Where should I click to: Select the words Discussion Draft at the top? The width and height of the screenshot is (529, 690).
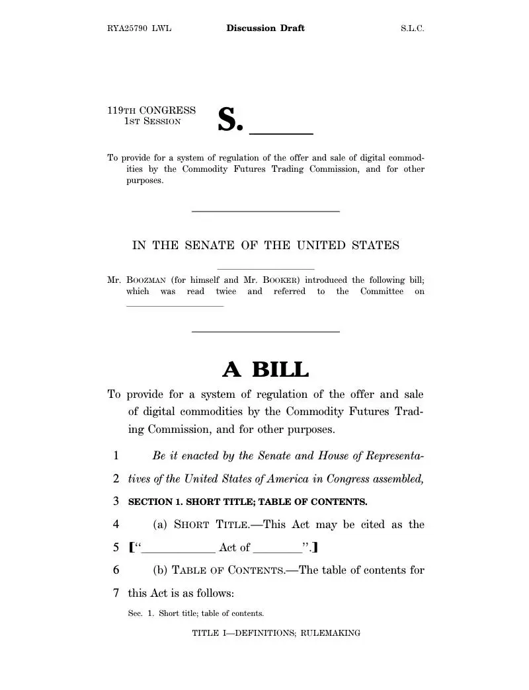[x=265, y=28]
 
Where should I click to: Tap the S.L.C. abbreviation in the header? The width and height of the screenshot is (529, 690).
[x=412, y=28]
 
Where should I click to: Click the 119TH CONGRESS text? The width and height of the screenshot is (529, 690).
[x=151, y=110]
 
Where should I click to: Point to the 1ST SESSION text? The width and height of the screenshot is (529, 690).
[x=153, y=122]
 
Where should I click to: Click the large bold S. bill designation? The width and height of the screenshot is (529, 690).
[x=231, y=120]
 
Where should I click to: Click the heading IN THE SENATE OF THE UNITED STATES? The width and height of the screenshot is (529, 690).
[x=266, y=245]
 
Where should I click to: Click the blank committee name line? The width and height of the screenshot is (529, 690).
[x=175, y=304]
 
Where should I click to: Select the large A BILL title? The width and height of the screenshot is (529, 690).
[x=265, y=369]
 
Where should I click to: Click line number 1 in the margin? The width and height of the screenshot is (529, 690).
[x=116, y=455]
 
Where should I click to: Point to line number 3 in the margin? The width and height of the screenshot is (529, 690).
[x=116, y=501]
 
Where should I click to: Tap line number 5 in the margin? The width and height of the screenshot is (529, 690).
[x=116, y=547]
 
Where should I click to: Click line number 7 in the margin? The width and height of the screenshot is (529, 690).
[x=116, y=593]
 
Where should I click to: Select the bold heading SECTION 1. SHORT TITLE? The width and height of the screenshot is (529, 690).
[x=247, y=502]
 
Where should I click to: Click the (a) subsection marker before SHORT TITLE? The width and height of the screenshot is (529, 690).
[x=160, y=525]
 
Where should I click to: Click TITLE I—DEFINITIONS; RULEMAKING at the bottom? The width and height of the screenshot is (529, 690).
[x=276, y=633]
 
